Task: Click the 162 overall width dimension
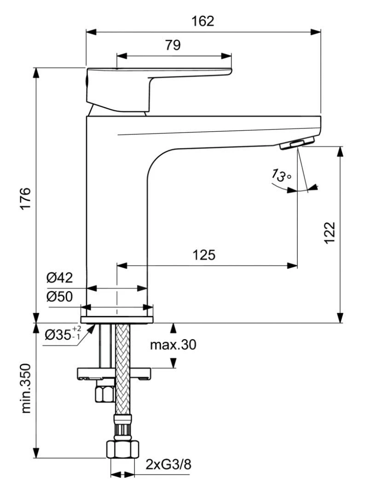pos(203,21)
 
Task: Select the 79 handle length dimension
pos(173,45)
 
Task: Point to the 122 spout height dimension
pos(330,233)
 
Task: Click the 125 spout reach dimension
pos(204,255)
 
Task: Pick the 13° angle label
pos(280,175)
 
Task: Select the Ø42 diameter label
pos(59,278)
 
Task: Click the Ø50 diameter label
pos(59,297)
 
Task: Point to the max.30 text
pos(173,344)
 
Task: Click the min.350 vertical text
pos(26,388)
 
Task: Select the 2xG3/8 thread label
pos(168,464)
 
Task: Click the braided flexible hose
pos(122,368)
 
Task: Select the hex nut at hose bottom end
pos(122,448)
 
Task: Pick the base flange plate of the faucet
pos(117,319)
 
